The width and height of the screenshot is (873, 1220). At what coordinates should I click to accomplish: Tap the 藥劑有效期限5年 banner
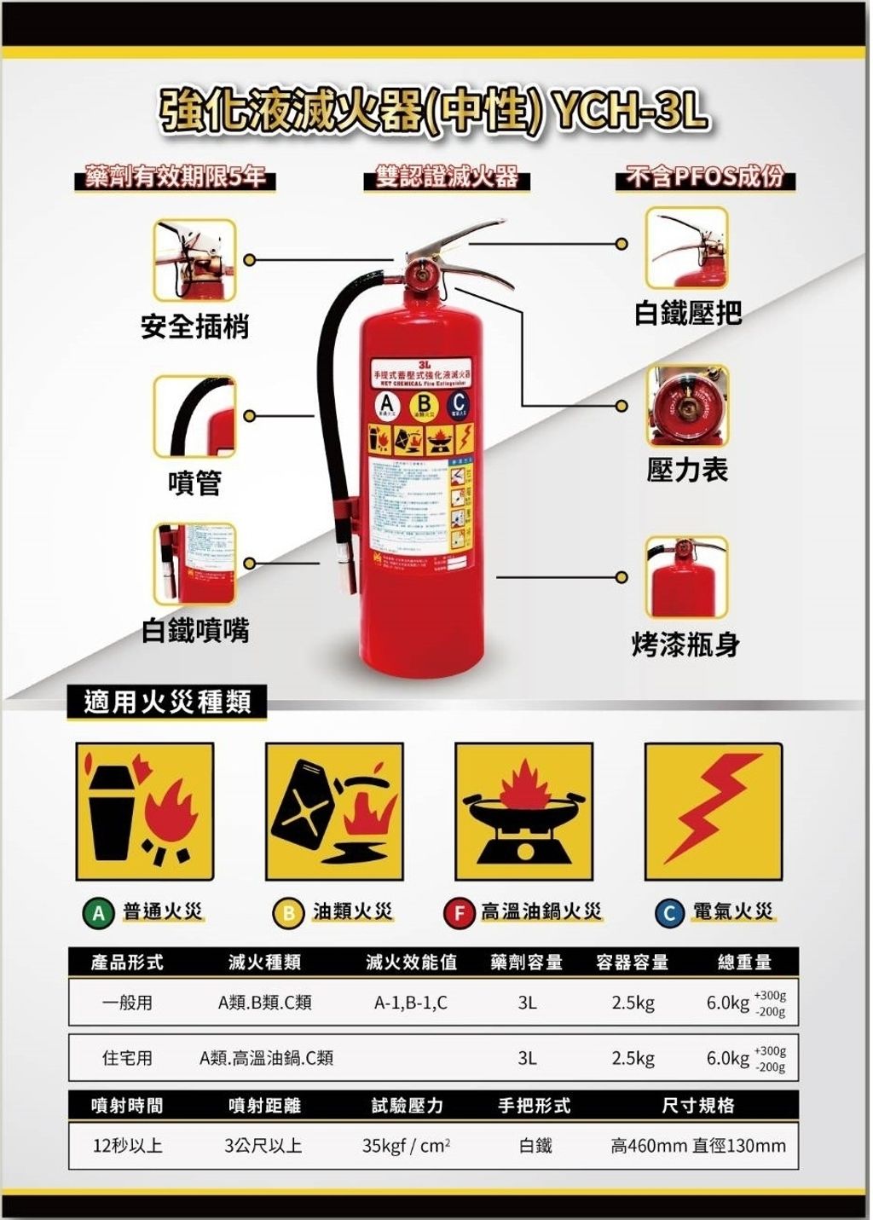(175, 177)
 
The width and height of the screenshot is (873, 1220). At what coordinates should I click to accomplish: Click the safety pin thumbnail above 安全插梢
(194, 260)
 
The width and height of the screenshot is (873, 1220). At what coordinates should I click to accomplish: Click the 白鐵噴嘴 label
(195, 631)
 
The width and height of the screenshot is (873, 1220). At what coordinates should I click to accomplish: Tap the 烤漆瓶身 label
(685, 645)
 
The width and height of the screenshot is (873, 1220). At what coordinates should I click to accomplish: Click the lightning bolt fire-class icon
(713, 811)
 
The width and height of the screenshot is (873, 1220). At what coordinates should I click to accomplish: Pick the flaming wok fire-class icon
(523, 811)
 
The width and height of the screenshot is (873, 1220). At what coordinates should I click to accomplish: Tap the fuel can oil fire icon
(334, 811)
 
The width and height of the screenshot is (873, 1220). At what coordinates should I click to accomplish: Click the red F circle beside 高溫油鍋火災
(458, 913)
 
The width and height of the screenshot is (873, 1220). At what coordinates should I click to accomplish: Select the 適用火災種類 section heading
(167, 703)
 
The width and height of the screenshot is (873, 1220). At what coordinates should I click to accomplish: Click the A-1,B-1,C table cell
(411, 1003)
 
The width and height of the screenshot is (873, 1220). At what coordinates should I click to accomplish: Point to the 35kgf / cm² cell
(406, 1145)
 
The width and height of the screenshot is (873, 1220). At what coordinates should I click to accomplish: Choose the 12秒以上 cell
(127, 1145)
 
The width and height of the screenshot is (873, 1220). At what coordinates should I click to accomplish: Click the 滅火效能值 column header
(411, 962)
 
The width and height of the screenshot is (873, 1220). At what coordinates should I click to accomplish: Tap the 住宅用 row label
(127, 1058)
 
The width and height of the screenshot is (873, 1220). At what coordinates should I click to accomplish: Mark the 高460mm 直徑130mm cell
(698, 1145)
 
